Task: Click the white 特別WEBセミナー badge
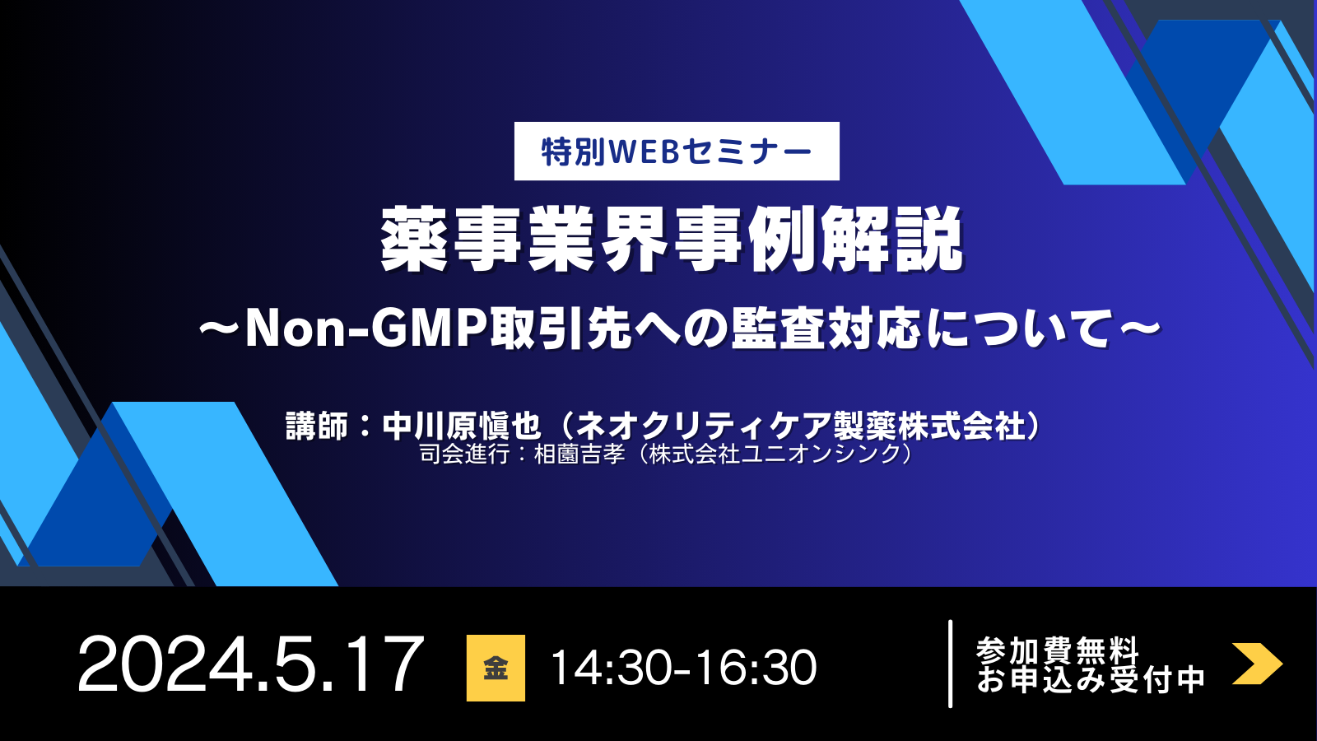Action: pyautogui.click(x=677, y=151)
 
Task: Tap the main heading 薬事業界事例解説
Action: pyautogui.click(x=671, y=240)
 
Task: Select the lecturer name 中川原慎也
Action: pyautogui.click(x=462, y=426)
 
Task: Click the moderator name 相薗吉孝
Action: pyautogui.click(x=579, y=454)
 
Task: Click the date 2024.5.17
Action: pyautogui.click(x=250, y=665)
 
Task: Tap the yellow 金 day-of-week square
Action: pyautogui.click(x=496, y=668)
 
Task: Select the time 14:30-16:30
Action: pyautogui.click(x=683, y=668)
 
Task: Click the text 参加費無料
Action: pyautogui.click(x=1058, y=650)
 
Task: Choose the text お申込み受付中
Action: pyautogui.click(x=1091, y=680)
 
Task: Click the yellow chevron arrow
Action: pyautogui.click(x=1257, y=664)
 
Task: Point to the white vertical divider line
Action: pyautogui.click(x=951, y=664)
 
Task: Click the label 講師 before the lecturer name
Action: pyautogui.click(x=317, y=426)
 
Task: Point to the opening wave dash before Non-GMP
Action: pyautogui.click(x=220, y=329)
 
